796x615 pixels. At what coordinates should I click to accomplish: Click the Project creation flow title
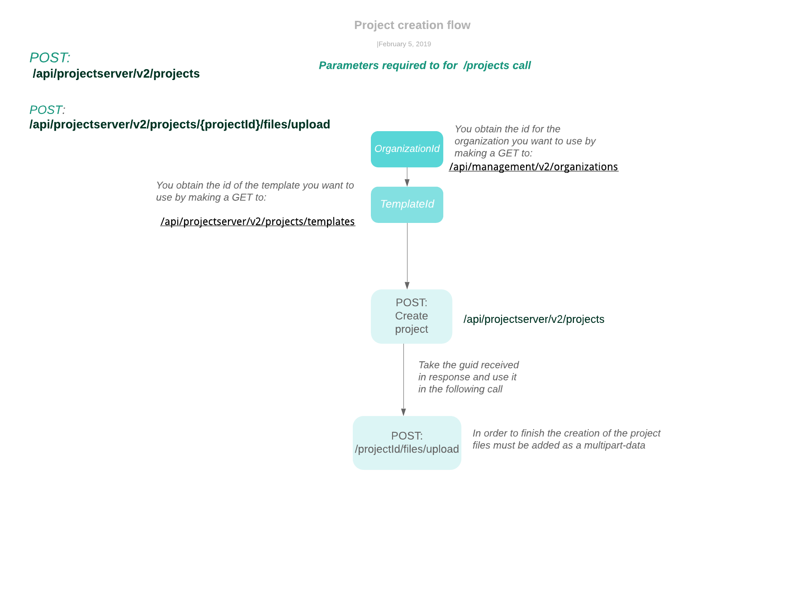tap(412, 25)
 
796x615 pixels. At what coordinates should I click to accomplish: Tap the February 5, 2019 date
tap(404, 44)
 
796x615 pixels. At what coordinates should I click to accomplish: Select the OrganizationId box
tap(407, 149)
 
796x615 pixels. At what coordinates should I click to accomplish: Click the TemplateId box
tap(407, 205)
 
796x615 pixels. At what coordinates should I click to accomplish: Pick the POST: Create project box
tap(412, 317)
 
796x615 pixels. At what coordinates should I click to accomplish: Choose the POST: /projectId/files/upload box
tap(407, 443)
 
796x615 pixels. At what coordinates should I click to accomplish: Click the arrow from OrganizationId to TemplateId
tap(407, 177)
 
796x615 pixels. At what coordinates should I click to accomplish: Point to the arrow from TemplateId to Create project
tap(407, 256)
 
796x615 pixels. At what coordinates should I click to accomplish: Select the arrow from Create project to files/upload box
tap(403, 380)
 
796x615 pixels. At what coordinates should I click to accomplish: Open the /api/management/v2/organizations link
tap(534, 167)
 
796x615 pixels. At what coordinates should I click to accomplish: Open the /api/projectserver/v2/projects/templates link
tap(258, 222)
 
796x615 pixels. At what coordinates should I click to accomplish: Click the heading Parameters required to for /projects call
tap(425, 66)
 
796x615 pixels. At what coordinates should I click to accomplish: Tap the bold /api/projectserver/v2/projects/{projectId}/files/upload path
tap(180, 124)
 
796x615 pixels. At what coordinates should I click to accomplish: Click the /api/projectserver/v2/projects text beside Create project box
tap(534, 319)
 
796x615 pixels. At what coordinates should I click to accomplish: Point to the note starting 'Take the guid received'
tap(469, 377)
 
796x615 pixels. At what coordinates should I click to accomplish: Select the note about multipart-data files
tap(566, 439)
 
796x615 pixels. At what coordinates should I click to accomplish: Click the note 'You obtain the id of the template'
tap(255, 191)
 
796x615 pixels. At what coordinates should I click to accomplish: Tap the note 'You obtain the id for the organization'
tap(525, 141)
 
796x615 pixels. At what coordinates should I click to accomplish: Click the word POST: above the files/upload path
tap(47, 110)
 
